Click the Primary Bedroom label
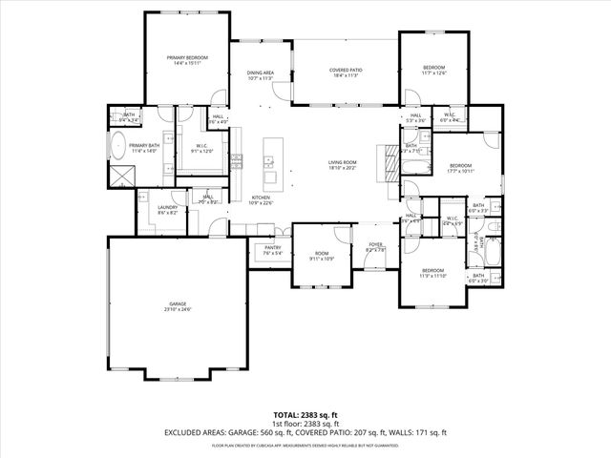[187, 58]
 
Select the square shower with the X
[121, 175]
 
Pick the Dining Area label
[261, 73]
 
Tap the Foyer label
[376, 244]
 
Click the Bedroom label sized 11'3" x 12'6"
[433, 67]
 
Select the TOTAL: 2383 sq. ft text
[305, 414]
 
